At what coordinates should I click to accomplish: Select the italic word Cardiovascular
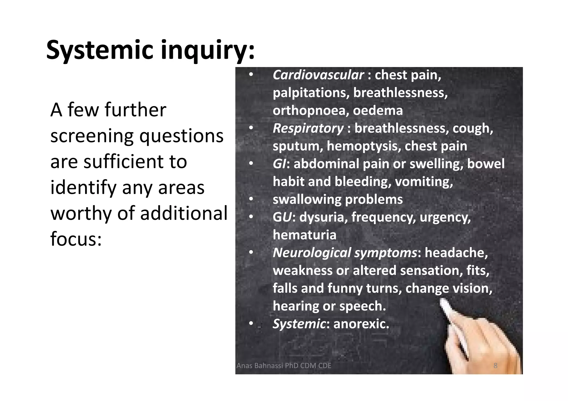(x=318, y=75)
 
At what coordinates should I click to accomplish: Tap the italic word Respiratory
(x=308, y=128)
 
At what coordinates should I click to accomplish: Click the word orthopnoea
(x=310, y=110)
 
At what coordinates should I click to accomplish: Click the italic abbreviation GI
(x=279, y=164)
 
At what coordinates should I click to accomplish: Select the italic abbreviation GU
(x=282, y=217)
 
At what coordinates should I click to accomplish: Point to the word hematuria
(x=304, y=235)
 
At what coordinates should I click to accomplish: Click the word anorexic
(x=361, y=324)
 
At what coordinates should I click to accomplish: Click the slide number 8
(x=495, y=366)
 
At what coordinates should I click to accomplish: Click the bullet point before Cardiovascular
(x=251, y=75)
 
